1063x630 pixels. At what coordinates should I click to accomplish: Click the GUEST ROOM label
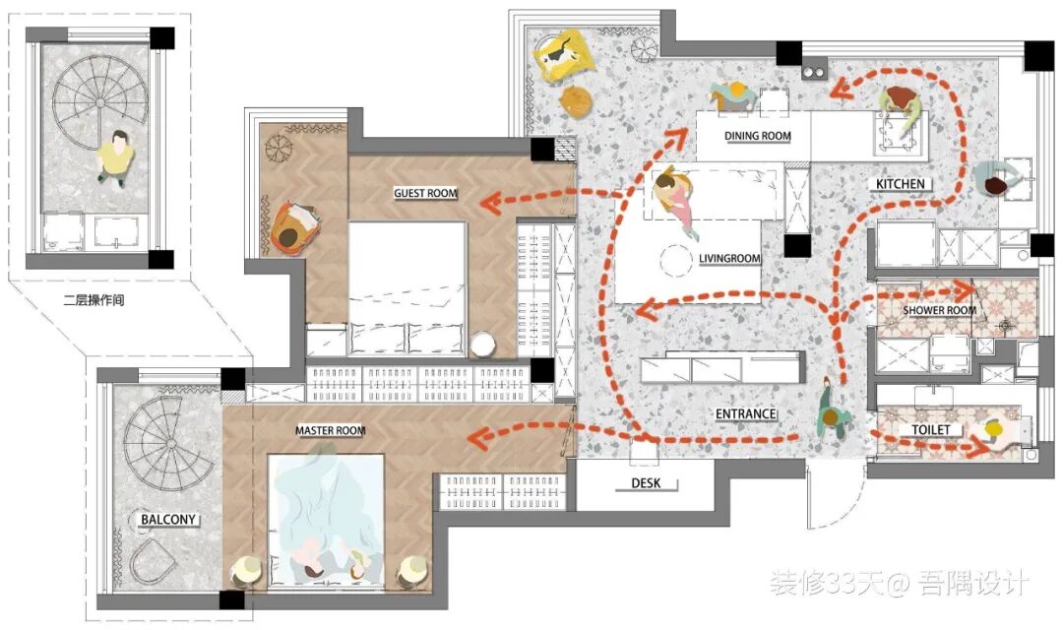tap(426, 193)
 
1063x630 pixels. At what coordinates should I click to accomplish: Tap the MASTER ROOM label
tap(330, 430)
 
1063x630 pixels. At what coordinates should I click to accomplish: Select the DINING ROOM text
tap(757, 136)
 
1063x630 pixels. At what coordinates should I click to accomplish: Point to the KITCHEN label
tap(900, 184)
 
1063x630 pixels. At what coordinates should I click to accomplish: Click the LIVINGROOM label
tap(729, 258)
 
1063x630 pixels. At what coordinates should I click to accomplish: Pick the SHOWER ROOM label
tap(939, 311)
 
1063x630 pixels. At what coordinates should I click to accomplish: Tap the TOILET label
tap(930, 430)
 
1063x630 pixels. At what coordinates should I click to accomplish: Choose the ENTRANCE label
tap(746, 413)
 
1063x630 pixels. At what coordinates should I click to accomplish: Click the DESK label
tap(646, 483)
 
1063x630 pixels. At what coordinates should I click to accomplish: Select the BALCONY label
tap(168, 520)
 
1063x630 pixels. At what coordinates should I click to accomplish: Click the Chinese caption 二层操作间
tap(94, 299)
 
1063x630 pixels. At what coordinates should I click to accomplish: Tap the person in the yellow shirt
tap(116, 157)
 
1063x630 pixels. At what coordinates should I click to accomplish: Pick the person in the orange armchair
tap(291, 230)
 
